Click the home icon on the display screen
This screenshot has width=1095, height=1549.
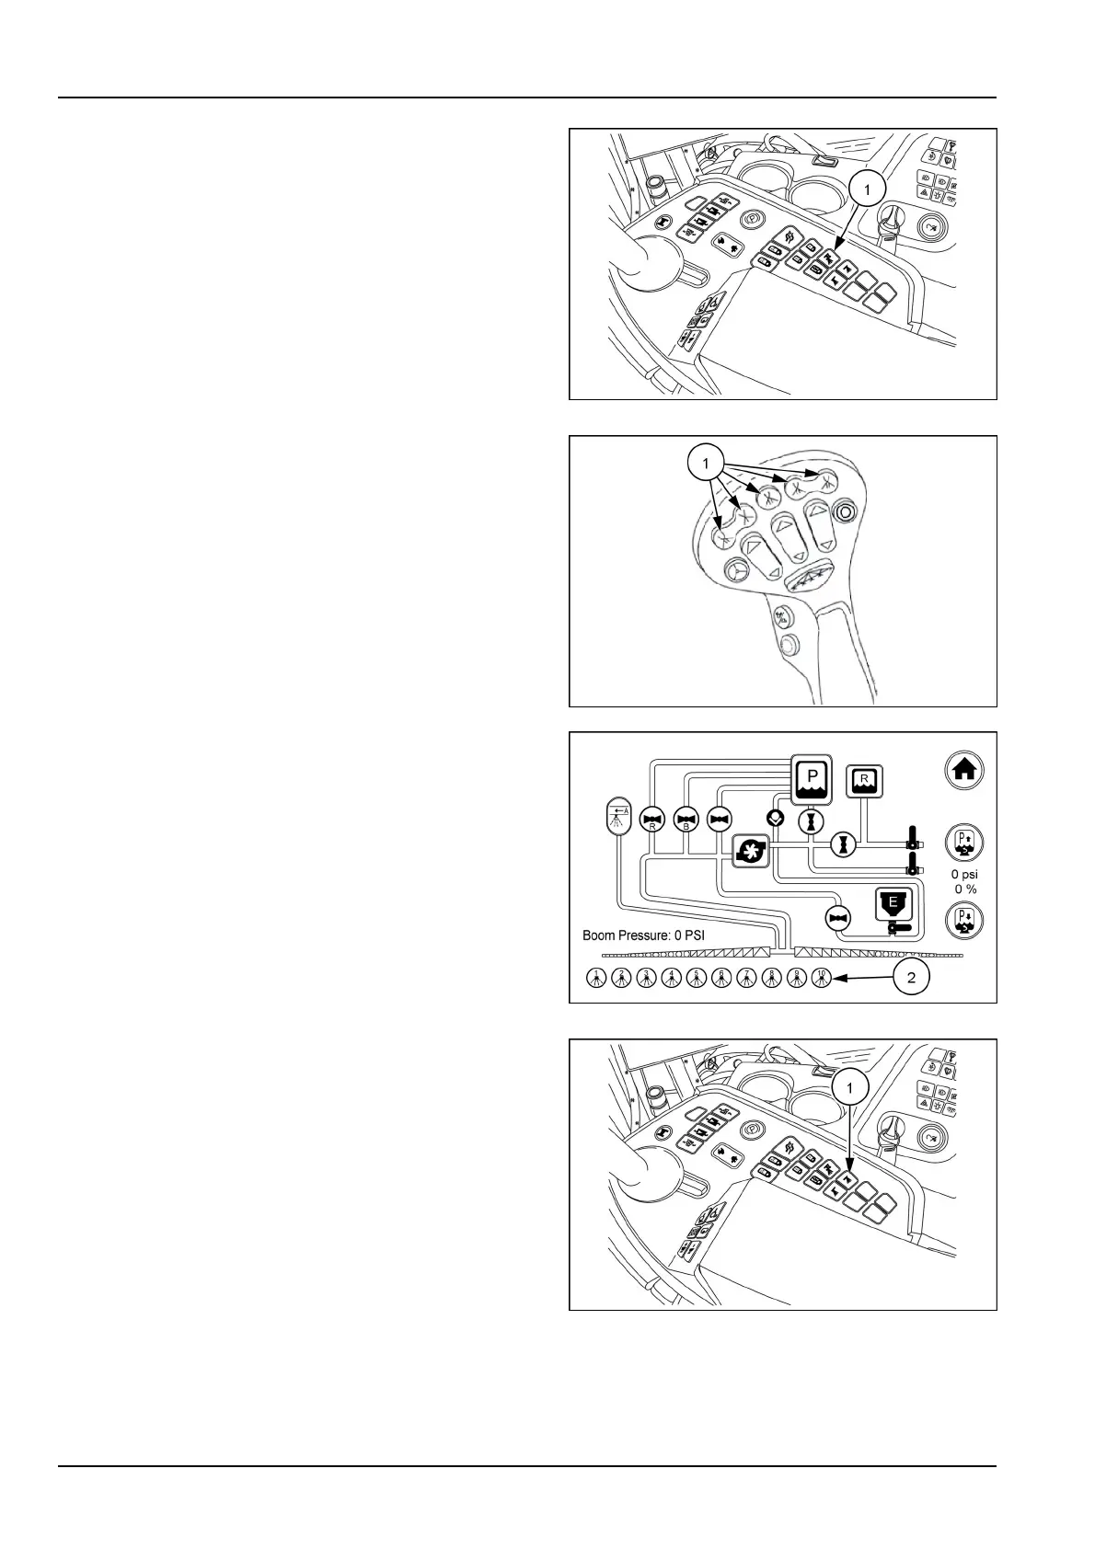tap(964, 770)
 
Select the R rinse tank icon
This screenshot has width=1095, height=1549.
tap(863, 781)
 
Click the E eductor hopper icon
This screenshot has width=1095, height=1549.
tap(892, 906)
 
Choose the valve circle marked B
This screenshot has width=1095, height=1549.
tap(686, 820)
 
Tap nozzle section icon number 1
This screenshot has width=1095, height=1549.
tap(596, 979)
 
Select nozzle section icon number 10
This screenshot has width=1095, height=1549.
tap(822, 979)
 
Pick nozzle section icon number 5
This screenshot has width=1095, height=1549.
tap(697, 979)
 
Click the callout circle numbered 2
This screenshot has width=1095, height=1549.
tap(911, 977)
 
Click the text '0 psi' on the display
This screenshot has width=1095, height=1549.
tap(964, 874)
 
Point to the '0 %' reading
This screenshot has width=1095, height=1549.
tap(965, 889)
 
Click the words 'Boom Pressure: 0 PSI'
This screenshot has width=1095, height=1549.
tap(643, 935)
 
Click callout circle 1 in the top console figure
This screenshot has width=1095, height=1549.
tap(867, 189)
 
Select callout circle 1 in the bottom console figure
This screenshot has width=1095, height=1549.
tap(849, 1088)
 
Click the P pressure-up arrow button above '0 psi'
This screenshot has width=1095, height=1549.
tap(964, 842)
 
